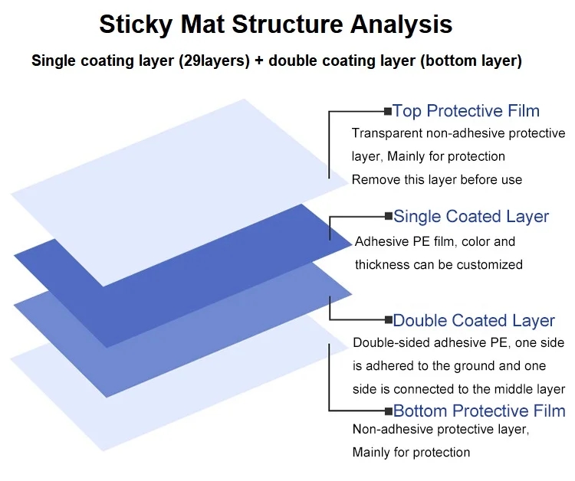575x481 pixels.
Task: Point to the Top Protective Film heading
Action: pos(466,111)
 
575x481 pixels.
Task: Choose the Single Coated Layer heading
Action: pos(472,217)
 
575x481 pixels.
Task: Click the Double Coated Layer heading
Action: pos(474,320)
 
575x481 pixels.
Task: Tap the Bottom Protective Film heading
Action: pos(479,411)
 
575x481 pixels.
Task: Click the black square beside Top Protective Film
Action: pos(387,112)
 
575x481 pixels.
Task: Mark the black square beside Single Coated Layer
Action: pos(388,217)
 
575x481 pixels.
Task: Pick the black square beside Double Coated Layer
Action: pos(388,321)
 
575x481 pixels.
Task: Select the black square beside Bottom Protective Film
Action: pos(388,412)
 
